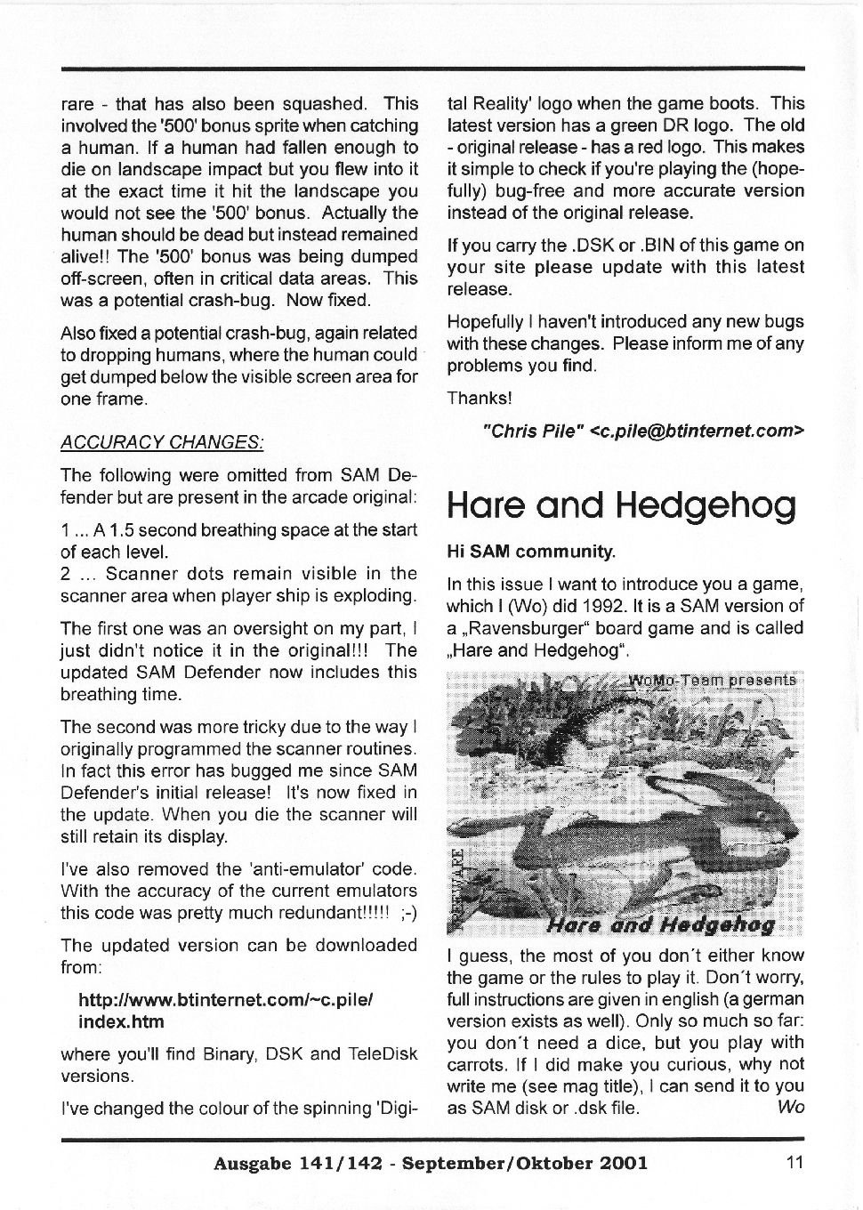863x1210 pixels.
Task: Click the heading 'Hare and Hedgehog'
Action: click(621, 505)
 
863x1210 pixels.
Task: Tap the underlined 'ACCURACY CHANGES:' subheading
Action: click(162, 442)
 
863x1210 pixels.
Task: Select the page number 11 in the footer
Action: click(794, 1161)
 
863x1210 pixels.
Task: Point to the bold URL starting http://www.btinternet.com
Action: click(225, 1000)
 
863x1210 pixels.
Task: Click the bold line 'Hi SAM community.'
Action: click(531, 552)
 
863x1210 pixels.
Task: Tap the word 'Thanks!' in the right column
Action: click(480, 398)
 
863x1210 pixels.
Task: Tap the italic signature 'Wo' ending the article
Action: click(790, 1108)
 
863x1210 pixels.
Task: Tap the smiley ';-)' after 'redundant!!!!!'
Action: click(404, 912)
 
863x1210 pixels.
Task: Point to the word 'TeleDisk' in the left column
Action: click(383, 1054)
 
